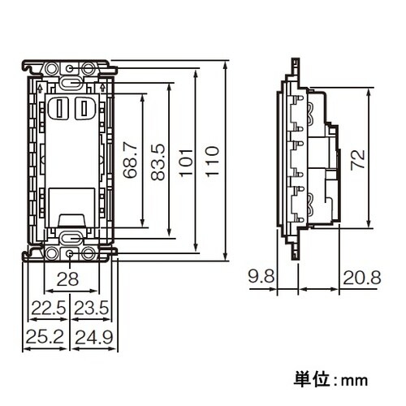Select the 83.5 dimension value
click(158, 160)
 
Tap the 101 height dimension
click(186, 159)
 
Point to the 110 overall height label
click(213, 160)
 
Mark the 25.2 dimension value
click(44, 335)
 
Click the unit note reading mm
click(331, 378)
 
